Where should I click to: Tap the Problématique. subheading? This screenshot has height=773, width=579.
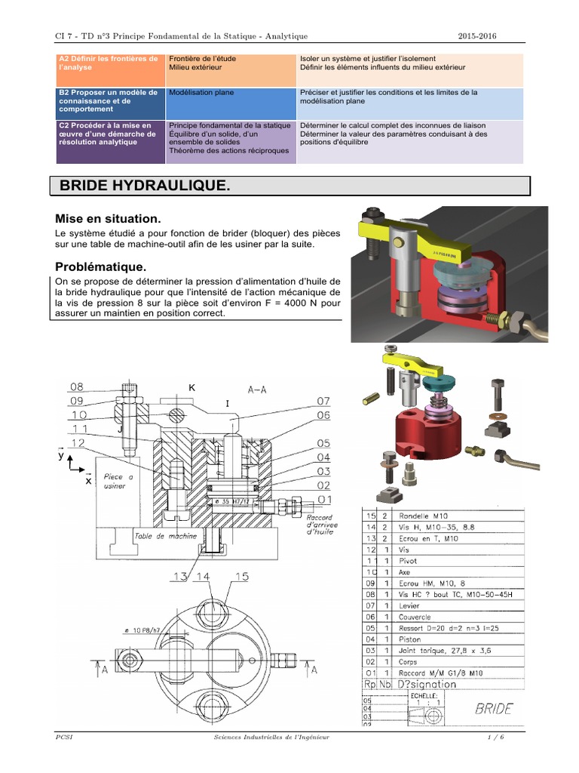coord(101,266)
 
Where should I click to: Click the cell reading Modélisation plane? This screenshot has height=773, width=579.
coord(202,93)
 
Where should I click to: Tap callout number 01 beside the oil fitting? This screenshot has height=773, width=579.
coord(324,499)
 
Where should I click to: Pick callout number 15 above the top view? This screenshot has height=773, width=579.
coord(240,577)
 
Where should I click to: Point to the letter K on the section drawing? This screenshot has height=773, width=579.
coord(192,386)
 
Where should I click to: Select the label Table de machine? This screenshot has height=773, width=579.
coord(165,536)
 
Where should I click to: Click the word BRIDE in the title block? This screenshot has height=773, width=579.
coord(494,708)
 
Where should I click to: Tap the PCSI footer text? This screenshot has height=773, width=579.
coord(63,736)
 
